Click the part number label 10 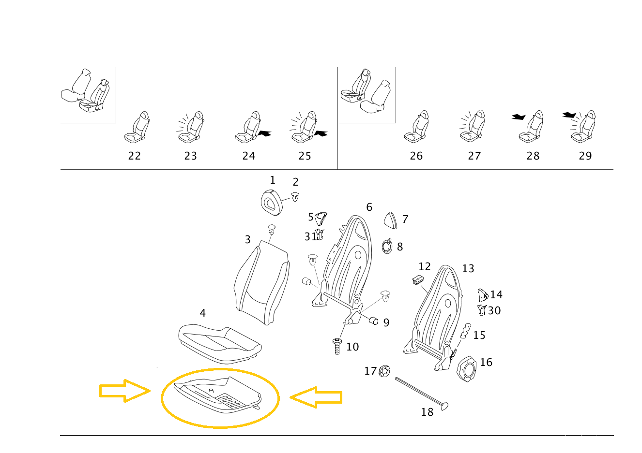click(x=352, y=347)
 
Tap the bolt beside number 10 click(x=337, y=346)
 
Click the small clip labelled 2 click(x=295, y=197)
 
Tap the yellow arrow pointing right click(x=124, y=391)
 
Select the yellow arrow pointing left click(x=316, y=397)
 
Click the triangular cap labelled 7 click(x=391, y=220)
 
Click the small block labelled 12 click(x=418, y=280)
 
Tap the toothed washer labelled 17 click(x=385, y=371)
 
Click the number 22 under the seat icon click(x=134, y=156)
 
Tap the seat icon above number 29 click(x=583, y=128)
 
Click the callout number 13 click(x=468, y=268)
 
